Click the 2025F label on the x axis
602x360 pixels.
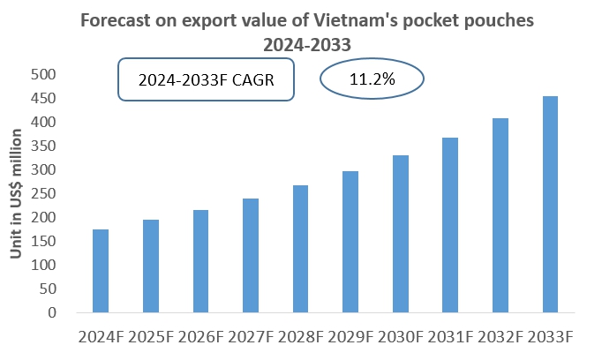click(x=151, y=337)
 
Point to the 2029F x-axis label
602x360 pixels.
click(x=350, y=337)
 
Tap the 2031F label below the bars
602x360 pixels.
click(x=450, y=337)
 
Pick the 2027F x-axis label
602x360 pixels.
click(x=251, y=337)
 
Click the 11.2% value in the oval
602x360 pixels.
click(x=371, y=79)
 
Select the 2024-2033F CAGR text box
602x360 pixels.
click(x=206, y=80)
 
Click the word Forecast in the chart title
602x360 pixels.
click(x=114, y=19)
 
